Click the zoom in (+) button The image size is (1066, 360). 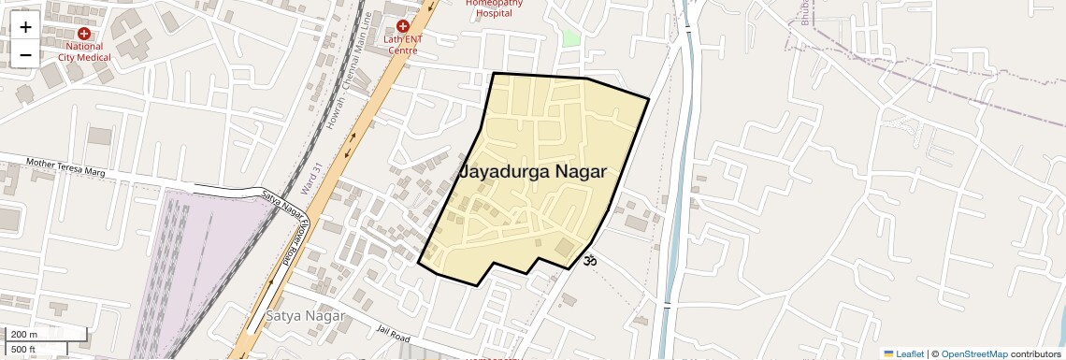click(25, 27)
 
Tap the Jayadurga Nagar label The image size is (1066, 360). click(534, 172)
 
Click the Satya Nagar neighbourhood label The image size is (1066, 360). click(306, 315)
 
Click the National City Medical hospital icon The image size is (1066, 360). click(84, 34)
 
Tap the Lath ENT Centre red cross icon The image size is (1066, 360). click(403, 26)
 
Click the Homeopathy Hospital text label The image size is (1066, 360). click(495, 8)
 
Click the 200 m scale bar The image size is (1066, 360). click(46, 335)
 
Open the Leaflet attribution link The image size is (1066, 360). click(904, 353)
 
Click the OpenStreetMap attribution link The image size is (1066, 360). click(973, 353)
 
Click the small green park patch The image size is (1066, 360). click(570, 39)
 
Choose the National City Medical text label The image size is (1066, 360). click(83, 51)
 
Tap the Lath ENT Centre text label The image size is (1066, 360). click(403, 45)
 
